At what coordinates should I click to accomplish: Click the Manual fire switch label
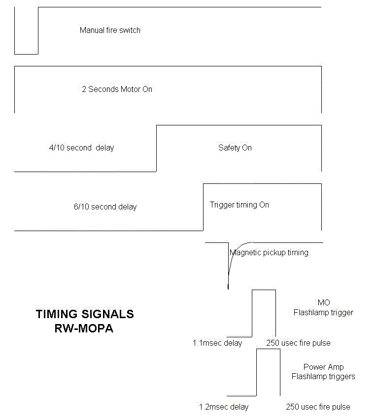(110, 30)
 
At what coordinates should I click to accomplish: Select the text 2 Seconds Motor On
(117, 89)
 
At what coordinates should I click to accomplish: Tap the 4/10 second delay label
(81, 148)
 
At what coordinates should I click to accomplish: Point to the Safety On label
(235, 148)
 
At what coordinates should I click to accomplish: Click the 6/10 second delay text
(105, 207)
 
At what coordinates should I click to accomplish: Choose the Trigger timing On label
(239, 205)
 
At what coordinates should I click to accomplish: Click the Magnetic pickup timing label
(269, 252)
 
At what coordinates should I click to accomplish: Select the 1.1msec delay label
(217, 343)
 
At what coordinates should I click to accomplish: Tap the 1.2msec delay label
(224, 407)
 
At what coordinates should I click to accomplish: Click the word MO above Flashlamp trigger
(324, 302)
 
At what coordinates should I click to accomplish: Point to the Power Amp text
(323, 367)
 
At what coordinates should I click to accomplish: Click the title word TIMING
(57, 314)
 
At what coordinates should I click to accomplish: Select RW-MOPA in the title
(84, 328)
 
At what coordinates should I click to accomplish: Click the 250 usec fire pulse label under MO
(298, 343)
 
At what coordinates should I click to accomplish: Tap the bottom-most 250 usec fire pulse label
(318, 407)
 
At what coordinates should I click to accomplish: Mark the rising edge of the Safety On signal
(156, 149)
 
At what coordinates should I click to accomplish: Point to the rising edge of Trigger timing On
(203, 207)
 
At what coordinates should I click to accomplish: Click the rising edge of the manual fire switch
(38, 30)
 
